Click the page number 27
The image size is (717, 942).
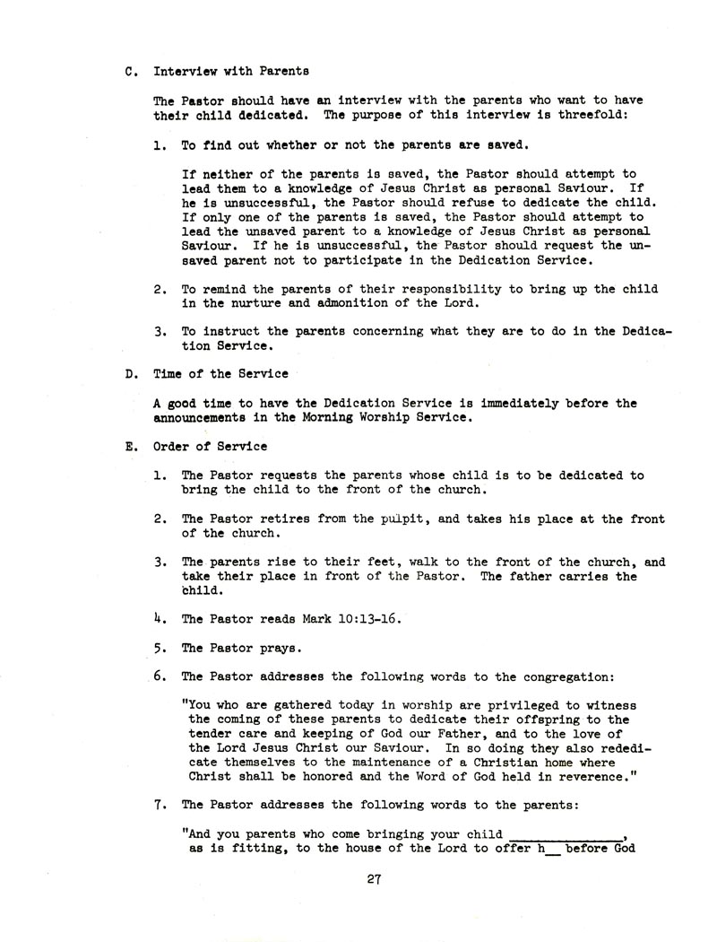(x=375, y=879)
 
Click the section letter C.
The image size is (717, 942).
(x=129, y=70)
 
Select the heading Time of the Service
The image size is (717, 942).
(x=209, y=375)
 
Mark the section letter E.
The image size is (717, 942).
(x=129, y=446)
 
